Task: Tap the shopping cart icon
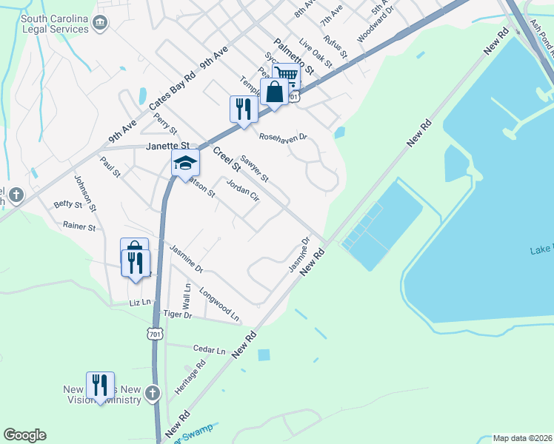286,74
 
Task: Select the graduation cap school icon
185,164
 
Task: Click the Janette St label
168,147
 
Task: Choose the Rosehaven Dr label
282,136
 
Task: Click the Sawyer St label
255,172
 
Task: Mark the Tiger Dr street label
177,315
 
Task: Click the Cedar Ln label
208,349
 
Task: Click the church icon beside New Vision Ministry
153,392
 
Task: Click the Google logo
24,435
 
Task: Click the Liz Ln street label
139,302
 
